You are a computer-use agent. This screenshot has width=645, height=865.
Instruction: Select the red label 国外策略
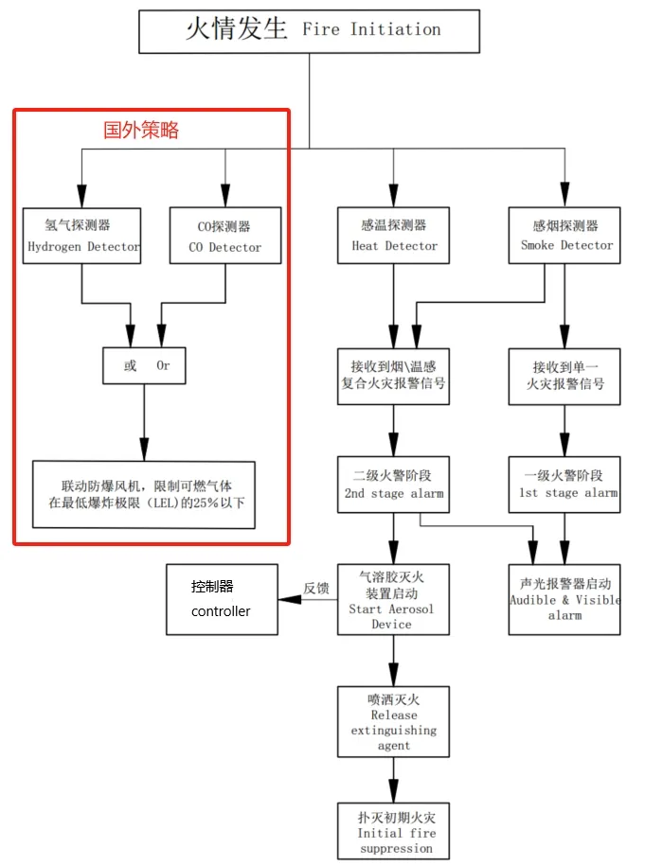click(x=141, y=131)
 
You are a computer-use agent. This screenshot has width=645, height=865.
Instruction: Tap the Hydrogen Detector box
click(x=82, y=236)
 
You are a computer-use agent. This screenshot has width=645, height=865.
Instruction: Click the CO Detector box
click(x=224, y=236)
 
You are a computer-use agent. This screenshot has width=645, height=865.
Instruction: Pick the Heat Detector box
click(x=393, y=235)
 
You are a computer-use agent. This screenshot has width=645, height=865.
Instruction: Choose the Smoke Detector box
click(x=565, y=235)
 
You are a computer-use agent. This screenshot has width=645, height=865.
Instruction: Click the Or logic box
click(x=145, y=365)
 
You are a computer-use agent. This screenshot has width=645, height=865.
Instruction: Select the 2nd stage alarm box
click(x=393, y=484)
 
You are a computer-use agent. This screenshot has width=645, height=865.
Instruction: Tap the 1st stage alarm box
click(x=565, y=484)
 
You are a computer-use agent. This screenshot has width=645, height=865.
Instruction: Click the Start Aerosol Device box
click(x=393, y=600)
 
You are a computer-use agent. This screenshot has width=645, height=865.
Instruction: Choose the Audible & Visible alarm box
click(x=565, y=600)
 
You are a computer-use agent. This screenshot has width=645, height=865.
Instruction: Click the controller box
click(x=222, y=600)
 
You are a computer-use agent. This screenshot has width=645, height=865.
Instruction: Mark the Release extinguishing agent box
click(x=393, y=721)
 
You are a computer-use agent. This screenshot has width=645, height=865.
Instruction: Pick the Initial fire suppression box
click(x=393, y=831)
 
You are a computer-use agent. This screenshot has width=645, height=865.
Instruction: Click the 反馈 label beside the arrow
click(x=315, y=588)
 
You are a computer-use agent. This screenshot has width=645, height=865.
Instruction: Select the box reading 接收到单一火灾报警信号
click(x=565, y=376)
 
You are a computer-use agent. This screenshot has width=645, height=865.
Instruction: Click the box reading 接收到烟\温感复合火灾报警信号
click(x=393, y=376)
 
